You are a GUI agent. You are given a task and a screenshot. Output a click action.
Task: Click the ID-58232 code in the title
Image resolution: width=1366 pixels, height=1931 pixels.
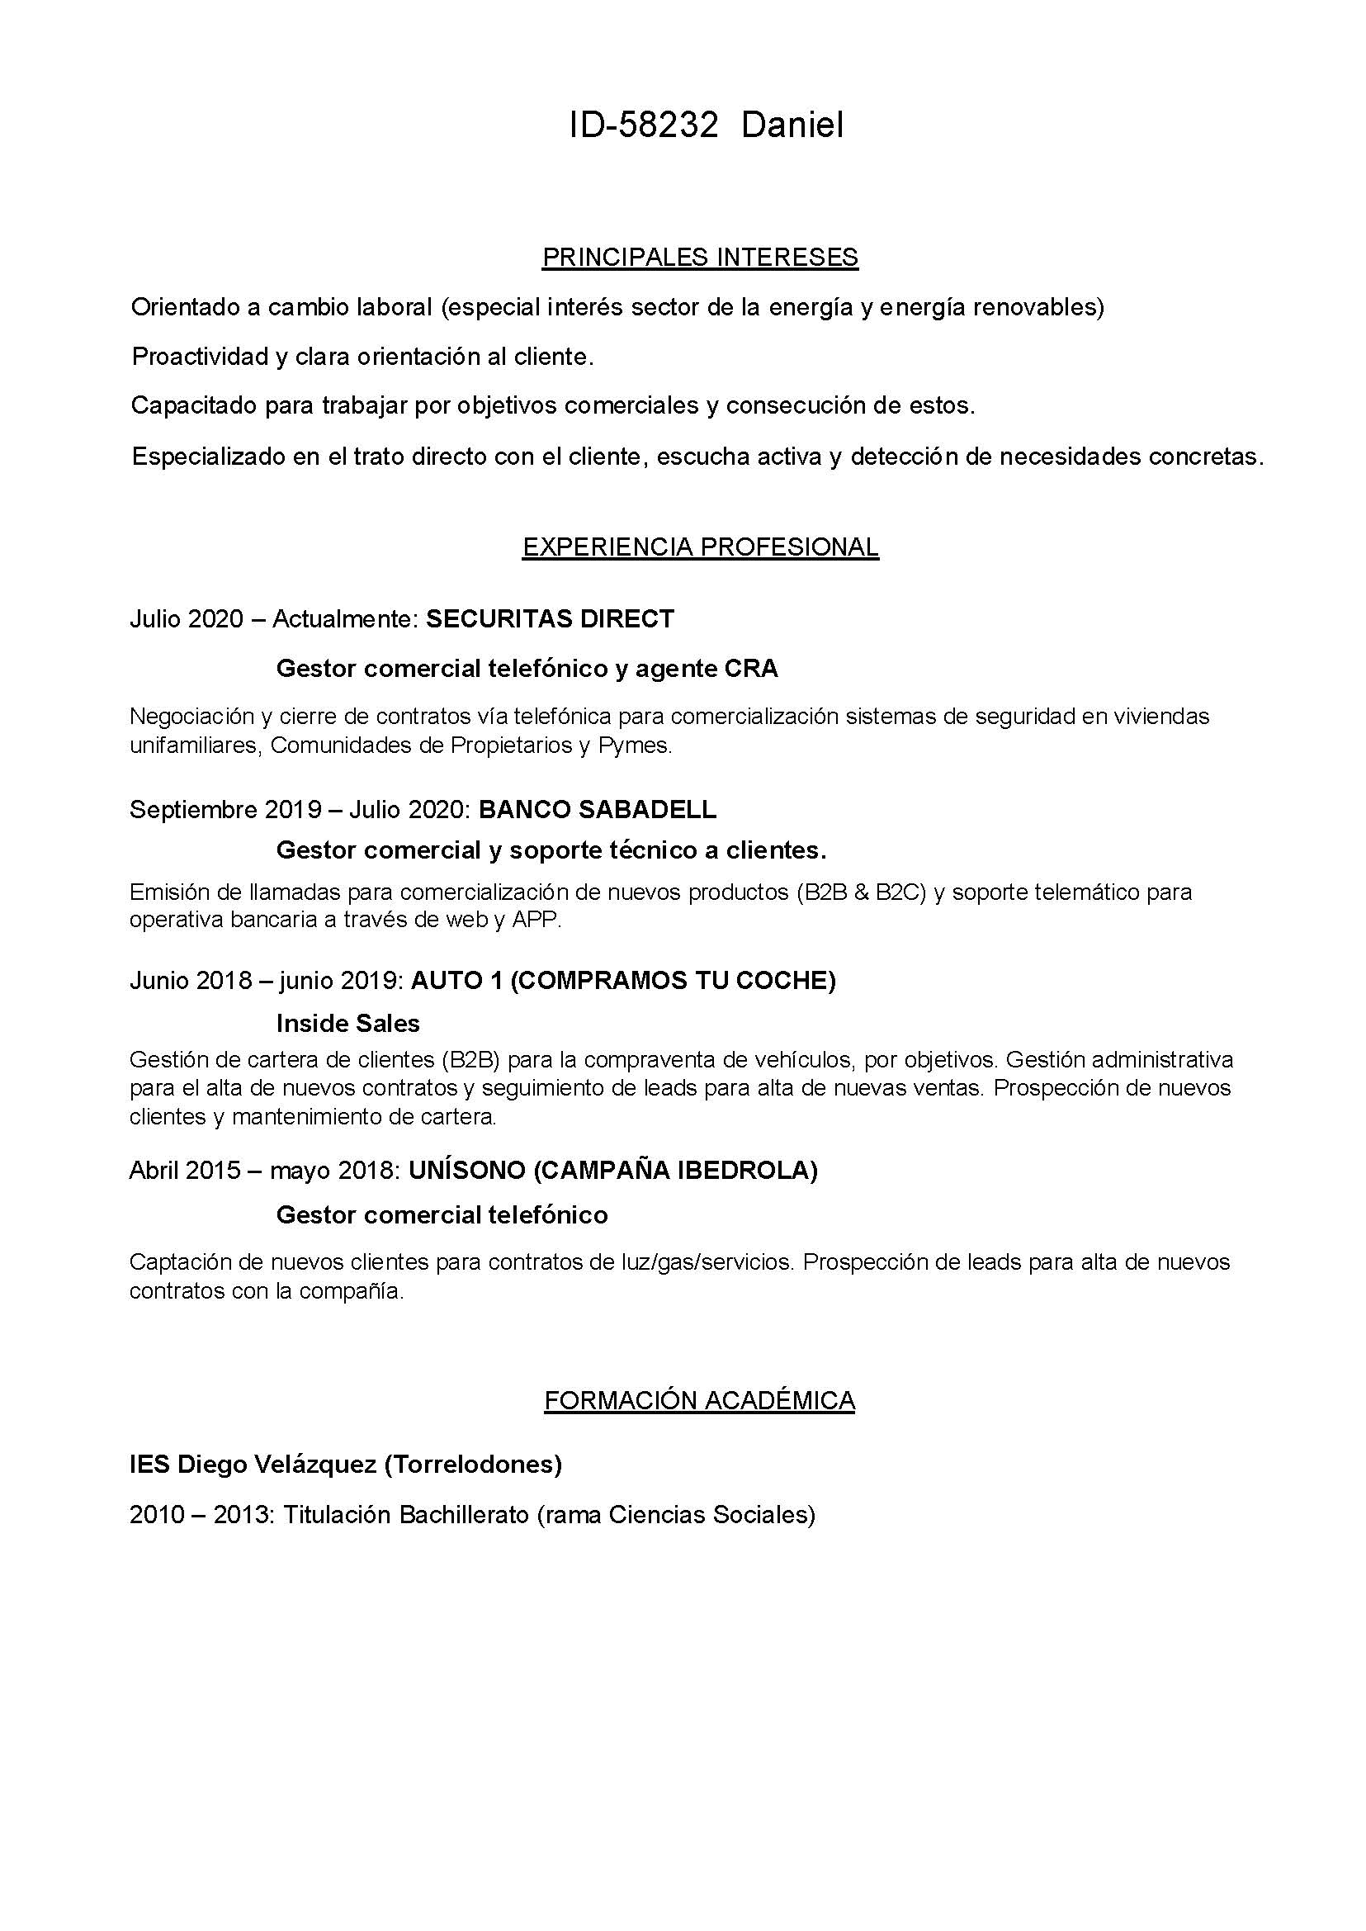coord(644,125)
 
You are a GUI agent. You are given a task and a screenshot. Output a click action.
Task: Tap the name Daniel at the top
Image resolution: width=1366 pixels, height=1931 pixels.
coord(792,125)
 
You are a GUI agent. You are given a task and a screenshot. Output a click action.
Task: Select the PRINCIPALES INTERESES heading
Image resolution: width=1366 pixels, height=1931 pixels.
coord(700,257)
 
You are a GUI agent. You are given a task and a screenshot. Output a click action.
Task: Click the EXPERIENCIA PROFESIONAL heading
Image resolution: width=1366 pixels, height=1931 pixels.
coord(700,547)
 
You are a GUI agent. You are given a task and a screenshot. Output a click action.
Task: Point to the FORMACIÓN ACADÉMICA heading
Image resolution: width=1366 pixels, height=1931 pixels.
coord(699,1400)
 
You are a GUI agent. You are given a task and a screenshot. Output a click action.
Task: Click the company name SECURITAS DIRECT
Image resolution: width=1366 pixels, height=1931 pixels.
coord(549,619)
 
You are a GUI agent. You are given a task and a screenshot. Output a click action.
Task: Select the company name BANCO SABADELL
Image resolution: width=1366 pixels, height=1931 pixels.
coord(598,809)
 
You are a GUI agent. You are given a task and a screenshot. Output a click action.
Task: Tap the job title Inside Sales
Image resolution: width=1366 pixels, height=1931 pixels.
coord(347,1023)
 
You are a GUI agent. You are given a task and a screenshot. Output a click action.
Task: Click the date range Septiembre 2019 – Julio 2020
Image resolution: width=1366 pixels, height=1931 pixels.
coord(299,809)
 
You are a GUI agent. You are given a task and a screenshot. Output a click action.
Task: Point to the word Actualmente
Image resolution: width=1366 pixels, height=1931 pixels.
coord(344,619)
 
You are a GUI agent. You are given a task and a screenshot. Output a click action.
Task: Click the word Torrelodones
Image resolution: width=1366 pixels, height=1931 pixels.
coord(473,1465)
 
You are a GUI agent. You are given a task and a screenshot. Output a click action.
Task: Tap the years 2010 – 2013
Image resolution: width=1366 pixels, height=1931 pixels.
coord(201,1515)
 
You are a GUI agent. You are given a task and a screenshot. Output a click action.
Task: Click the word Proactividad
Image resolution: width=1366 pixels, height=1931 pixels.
coord(201,357)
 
